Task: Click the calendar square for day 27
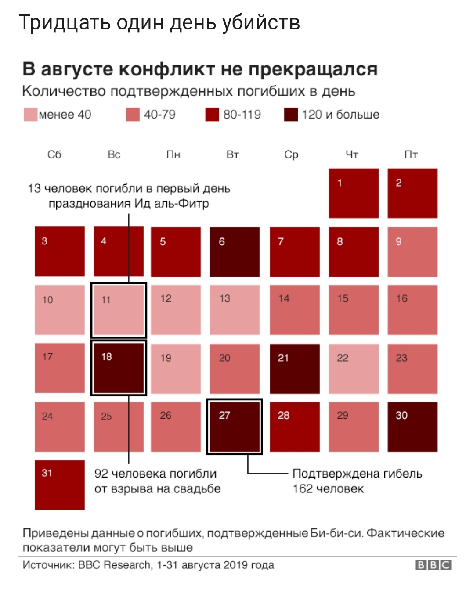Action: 235,427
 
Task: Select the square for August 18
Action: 119,368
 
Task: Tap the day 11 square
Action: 119,310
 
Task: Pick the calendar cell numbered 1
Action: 354,193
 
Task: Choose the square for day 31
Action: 60,485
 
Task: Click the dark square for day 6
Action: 235,252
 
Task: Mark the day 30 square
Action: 412,427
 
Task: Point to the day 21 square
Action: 294,369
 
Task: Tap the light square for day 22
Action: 354,369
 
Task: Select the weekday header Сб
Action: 54,154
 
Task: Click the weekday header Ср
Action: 291,154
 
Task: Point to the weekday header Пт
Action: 411,154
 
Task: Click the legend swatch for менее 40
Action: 30,115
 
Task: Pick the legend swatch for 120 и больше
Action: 291,115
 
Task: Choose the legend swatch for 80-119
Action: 212,115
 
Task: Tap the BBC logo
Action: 433,565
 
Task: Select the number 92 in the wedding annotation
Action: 101,474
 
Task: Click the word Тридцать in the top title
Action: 65,23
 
